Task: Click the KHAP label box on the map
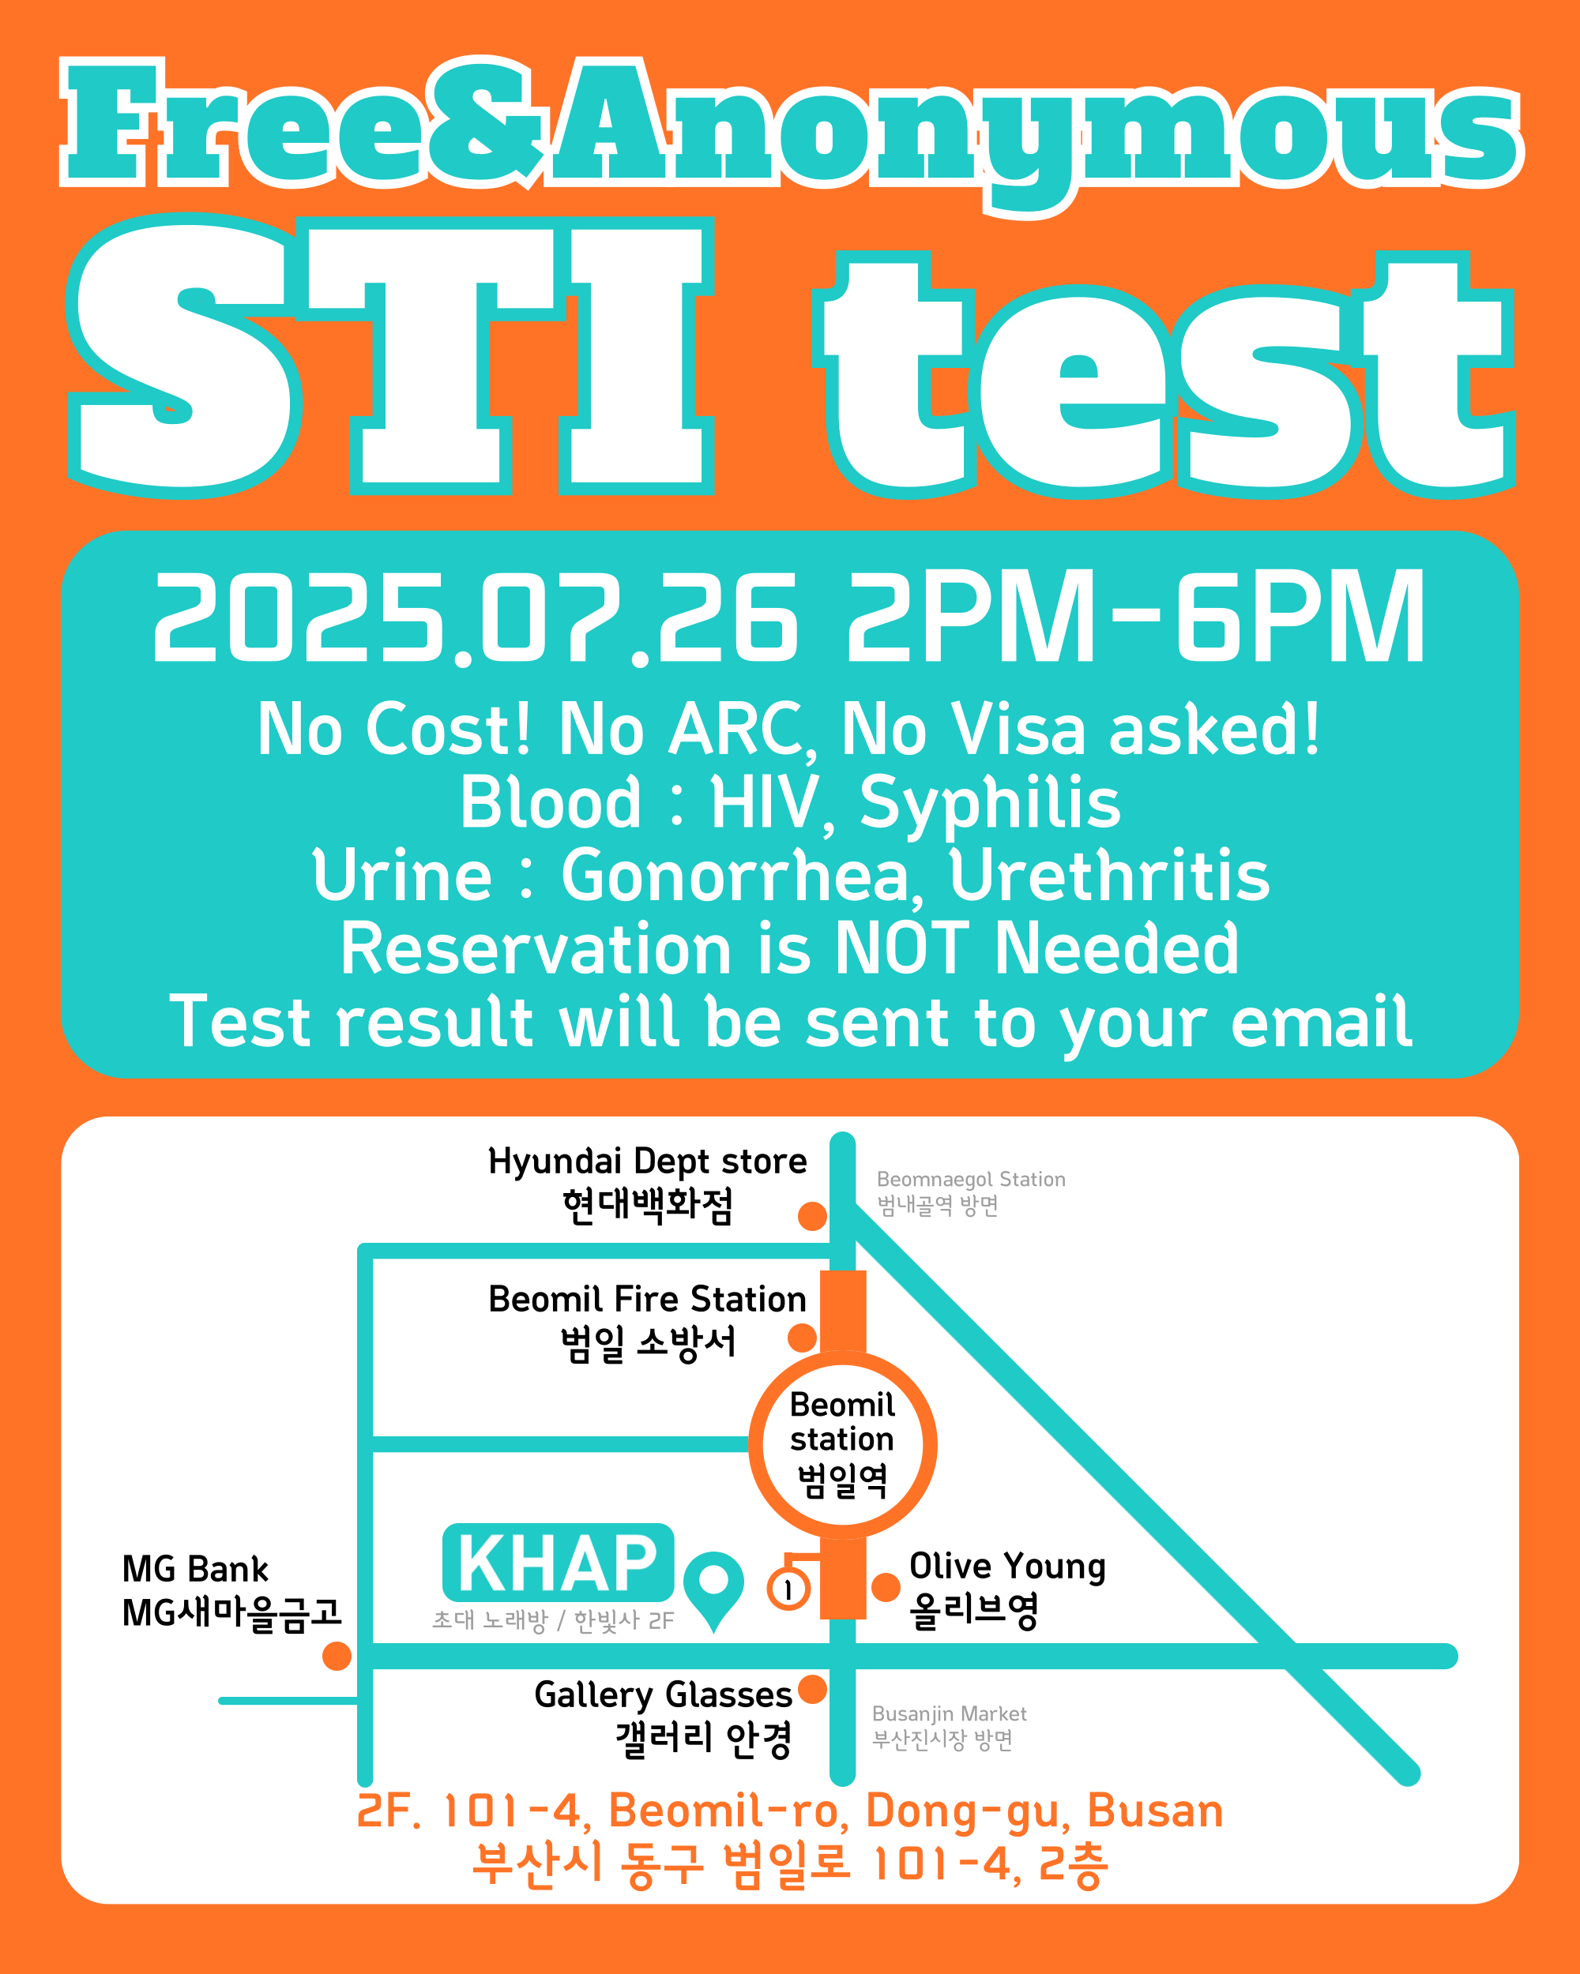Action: (x=558, y=1563)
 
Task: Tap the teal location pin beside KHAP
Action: (x=713, y=1588)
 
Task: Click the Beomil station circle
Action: (x=843, y=1445)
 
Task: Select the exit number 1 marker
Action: (x=788, y=1589)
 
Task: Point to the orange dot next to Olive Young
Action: (x=886, y=1588)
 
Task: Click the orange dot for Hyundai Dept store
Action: (x=812, y=1216)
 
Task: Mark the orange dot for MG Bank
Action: (x=337, y=1655)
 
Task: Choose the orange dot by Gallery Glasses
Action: (x=812, y=1689)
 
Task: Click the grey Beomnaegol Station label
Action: (x=971, y=1192)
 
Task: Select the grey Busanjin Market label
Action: (x=949, y=1727)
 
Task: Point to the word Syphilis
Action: (x=990, y=804)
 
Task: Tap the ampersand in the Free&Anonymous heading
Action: (x=490, y=122)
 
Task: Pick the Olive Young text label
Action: (x=1007, y=1589)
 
